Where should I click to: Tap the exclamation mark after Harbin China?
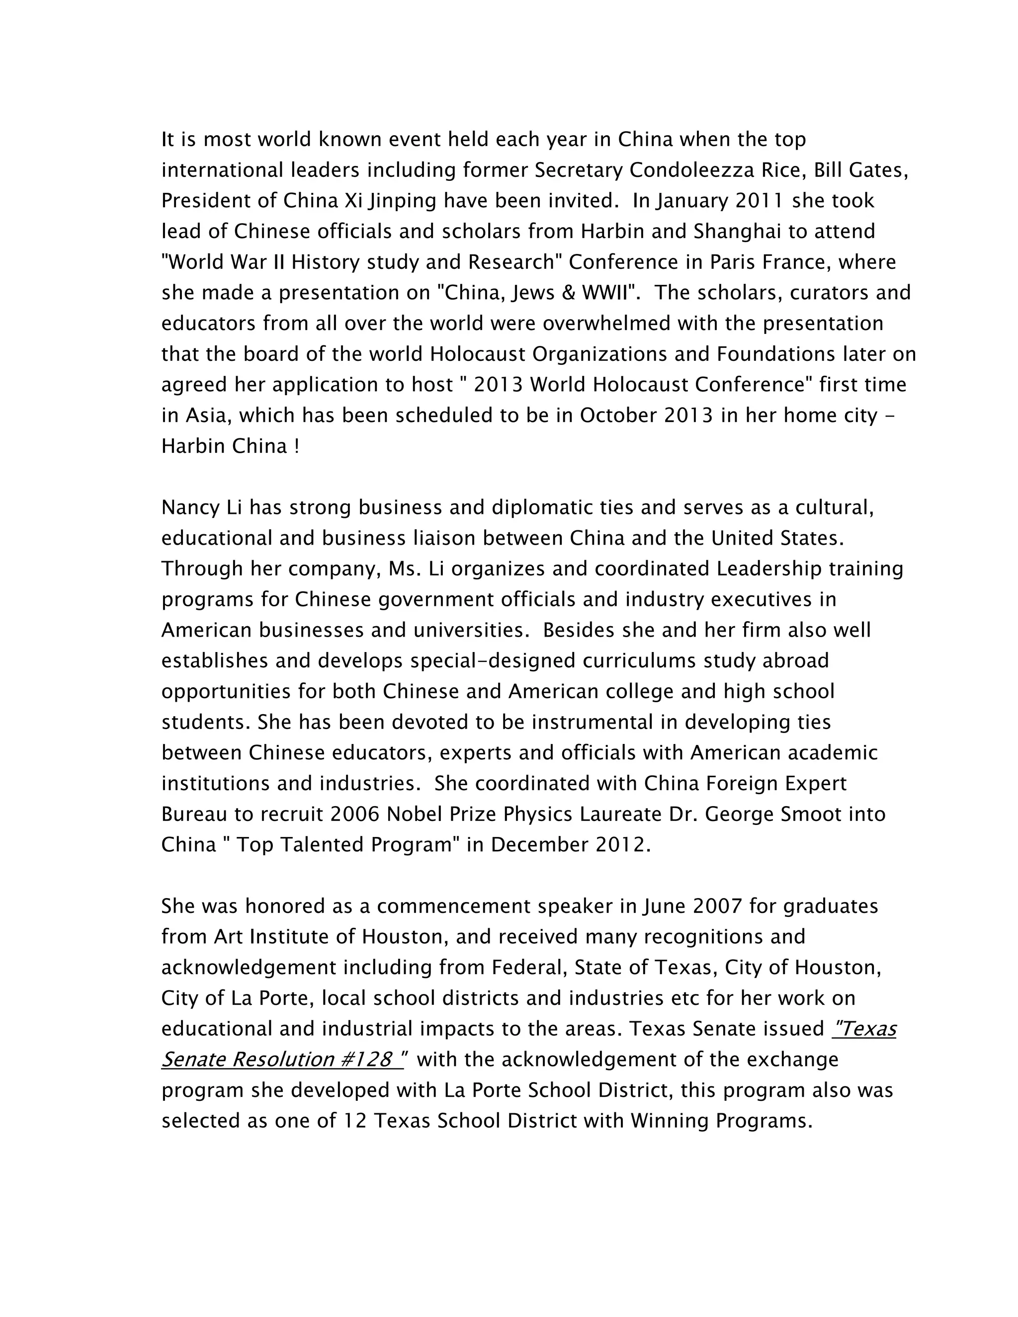pos(297,447)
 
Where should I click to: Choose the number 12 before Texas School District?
pos(355,1121)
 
